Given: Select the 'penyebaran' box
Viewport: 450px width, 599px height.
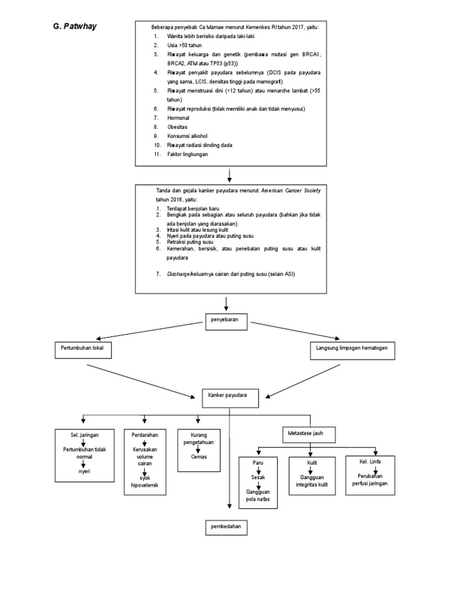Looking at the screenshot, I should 226,319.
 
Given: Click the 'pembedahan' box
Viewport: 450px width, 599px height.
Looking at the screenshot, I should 226,527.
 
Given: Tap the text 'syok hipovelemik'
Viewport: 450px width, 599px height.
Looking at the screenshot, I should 141,482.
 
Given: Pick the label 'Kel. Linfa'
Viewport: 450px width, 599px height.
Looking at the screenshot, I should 370,462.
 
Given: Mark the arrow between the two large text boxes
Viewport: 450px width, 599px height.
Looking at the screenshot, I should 229,174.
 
